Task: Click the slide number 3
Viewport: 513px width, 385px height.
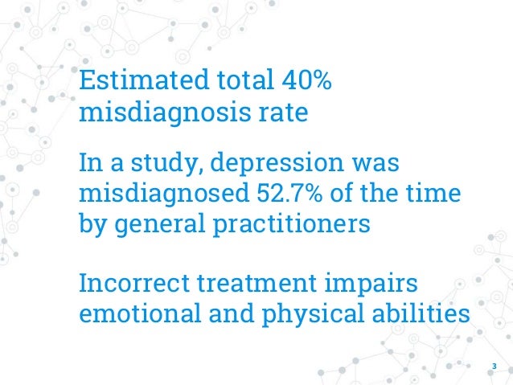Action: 495,369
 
